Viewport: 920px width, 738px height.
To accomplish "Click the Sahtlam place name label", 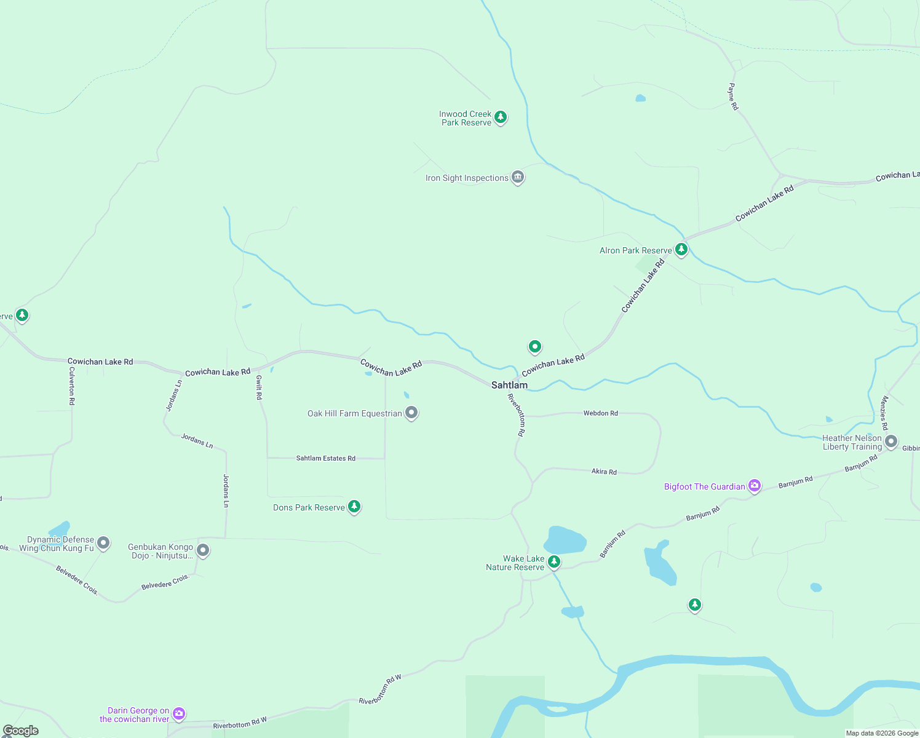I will (509, 385).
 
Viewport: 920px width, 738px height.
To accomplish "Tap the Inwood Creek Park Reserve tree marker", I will (501, 117).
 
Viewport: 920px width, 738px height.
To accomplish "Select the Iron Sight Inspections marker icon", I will (518, 177).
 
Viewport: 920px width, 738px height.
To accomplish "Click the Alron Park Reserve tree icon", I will (681, 250).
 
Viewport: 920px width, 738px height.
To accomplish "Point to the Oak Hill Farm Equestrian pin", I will (411, 413).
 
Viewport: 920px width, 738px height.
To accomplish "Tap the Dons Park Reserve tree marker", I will (354, 507).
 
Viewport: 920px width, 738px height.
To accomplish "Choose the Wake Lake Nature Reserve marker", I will (554, 561).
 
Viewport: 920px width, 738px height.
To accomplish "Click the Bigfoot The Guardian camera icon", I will (755, 486).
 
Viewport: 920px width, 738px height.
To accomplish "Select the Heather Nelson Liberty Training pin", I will (891, 442).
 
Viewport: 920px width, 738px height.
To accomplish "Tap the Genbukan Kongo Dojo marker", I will (203, 550).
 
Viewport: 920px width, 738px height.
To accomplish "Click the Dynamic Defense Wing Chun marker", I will (103, 543).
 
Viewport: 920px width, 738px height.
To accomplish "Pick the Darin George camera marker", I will (179, 713).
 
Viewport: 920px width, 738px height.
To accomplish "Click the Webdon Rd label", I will (600, 413).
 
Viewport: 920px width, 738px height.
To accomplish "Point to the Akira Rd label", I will (604, 472).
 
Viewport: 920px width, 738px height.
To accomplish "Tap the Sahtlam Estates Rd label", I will (325, 458).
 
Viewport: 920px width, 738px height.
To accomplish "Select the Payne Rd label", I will (733, 97).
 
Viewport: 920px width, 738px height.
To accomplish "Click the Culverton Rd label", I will (72, 386).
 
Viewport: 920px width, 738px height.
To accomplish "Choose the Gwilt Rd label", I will (259, 387).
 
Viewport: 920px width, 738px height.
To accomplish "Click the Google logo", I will (21, 731).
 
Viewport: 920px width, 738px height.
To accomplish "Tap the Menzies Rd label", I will (884, 413).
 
